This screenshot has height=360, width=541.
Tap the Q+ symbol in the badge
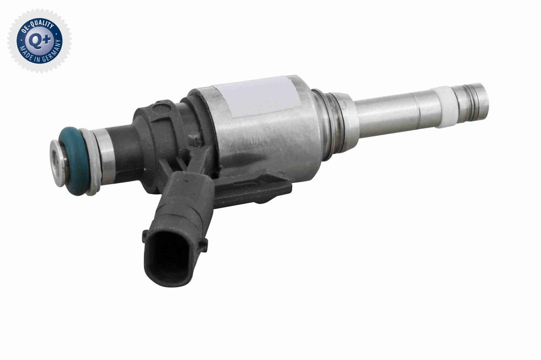(39, 41)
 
